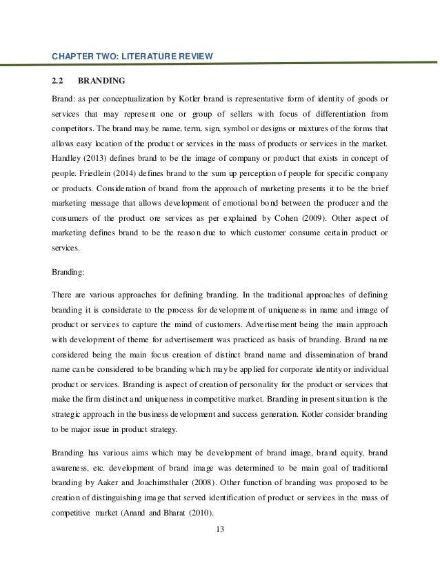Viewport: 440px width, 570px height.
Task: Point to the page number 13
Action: [x=219, y=530]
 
